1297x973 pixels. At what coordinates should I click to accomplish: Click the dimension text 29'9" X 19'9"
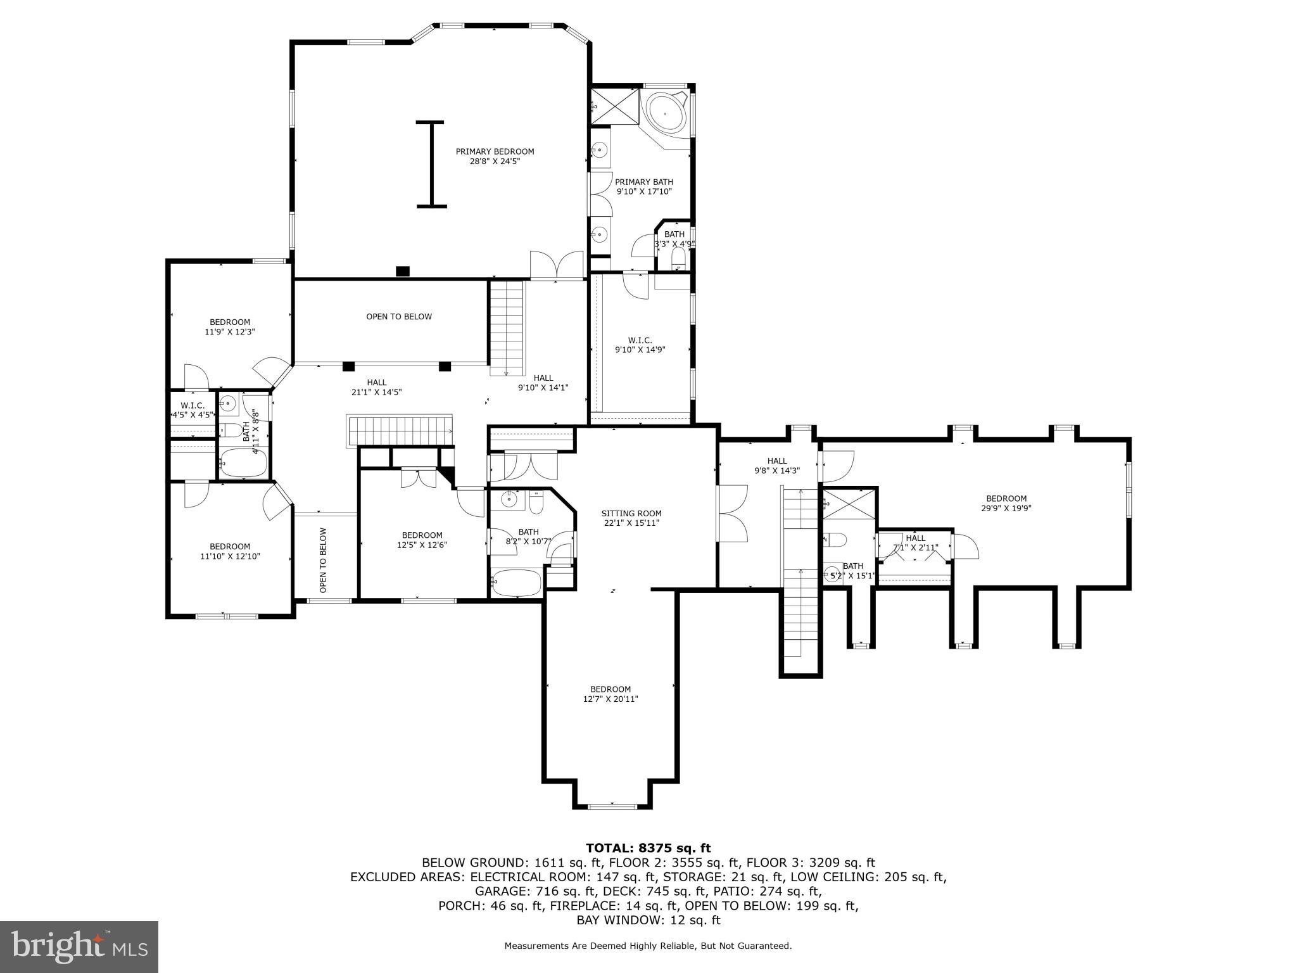(1006, 508)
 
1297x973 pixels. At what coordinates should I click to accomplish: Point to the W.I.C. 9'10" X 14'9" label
(640, 345)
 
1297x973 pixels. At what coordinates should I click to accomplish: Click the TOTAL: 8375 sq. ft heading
(648, 848)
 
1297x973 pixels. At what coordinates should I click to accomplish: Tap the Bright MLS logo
(79, 946)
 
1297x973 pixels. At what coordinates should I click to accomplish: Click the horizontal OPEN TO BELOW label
(399, 317)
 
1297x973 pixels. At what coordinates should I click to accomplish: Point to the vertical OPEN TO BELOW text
(323, 561)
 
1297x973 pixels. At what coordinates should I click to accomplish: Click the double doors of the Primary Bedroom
(557, 265)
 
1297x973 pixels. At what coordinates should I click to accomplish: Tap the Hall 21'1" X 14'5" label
(376, 387)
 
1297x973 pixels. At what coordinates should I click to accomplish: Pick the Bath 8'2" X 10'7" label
(528, 537)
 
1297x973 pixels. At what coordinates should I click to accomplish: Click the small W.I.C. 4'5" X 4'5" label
(193, 410)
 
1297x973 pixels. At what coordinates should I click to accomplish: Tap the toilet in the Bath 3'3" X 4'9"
(678, 258)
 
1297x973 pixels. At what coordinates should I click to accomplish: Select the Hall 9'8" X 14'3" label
(776, 466)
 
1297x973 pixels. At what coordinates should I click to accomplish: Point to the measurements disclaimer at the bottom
(648, 946)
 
